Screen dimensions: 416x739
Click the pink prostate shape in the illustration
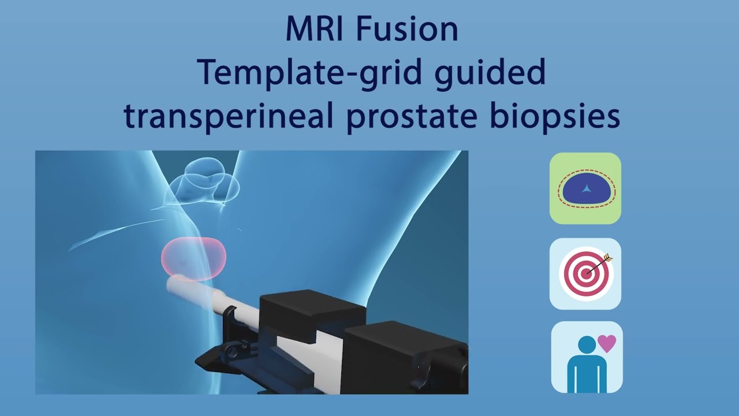193,256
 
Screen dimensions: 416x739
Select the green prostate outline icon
585,188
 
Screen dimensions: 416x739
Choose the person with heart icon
587,357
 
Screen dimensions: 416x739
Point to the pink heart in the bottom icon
607,344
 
